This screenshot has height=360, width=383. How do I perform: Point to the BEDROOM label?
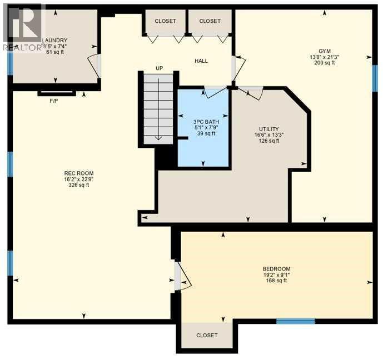[276, 268]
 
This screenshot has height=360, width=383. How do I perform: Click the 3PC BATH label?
[203, 121]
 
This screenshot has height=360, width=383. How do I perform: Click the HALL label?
[201, 61]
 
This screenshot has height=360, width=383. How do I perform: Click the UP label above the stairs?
[159, 68]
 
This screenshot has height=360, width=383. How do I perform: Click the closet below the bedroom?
[207, 336]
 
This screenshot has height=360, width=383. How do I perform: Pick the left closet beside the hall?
[165, 22]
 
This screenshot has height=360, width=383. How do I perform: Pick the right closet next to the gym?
[210, 22]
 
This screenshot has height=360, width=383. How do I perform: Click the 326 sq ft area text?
[76, 185]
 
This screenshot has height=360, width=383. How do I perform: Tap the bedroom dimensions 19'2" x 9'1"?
[276, 274]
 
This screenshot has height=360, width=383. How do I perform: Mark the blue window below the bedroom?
[296, 321]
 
